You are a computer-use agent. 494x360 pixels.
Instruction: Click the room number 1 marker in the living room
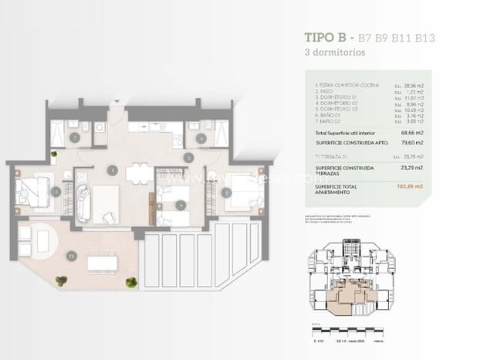113,170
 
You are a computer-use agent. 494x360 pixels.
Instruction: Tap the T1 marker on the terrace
71,254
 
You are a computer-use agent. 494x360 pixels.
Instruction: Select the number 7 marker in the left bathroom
74,138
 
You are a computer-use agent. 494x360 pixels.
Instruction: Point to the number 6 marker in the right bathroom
201,140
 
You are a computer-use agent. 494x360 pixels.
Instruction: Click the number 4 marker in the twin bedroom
180,205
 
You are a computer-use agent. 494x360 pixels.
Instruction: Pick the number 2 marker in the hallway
188,158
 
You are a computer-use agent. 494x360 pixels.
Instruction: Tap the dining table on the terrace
102,263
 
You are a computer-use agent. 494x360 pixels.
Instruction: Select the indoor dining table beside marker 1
140,174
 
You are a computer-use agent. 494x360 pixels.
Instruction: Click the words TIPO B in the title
325,38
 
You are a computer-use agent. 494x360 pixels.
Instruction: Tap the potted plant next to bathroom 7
54,155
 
